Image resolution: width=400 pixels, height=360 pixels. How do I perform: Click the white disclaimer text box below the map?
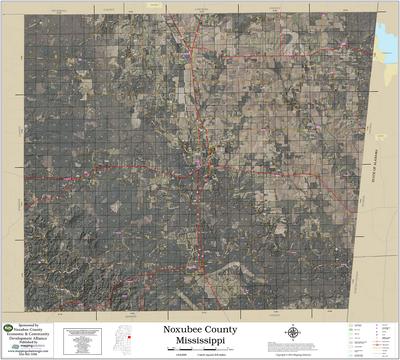82,339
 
